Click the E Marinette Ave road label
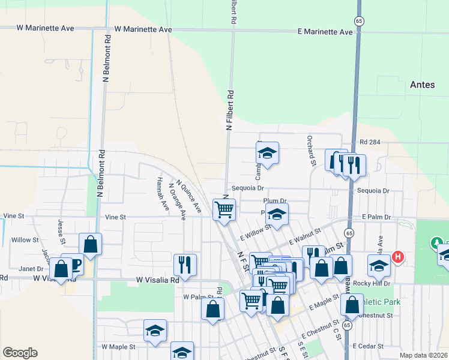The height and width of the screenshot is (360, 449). (325, 32)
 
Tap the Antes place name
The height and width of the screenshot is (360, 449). (422, 85)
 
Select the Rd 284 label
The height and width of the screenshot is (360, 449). (372, 142)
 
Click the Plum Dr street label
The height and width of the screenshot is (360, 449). (275, 201)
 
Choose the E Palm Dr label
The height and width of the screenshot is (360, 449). (376, 217)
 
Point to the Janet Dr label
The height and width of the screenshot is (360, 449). (31, 269)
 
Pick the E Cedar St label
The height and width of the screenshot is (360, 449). (368, 346)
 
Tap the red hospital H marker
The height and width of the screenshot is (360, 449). (397, 257)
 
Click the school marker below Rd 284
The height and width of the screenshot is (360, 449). (267, 154)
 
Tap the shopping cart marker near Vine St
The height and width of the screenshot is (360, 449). (224, 210)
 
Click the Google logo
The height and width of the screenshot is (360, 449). (20, 353)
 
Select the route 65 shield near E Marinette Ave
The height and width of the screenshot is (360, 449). (358, 20)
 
